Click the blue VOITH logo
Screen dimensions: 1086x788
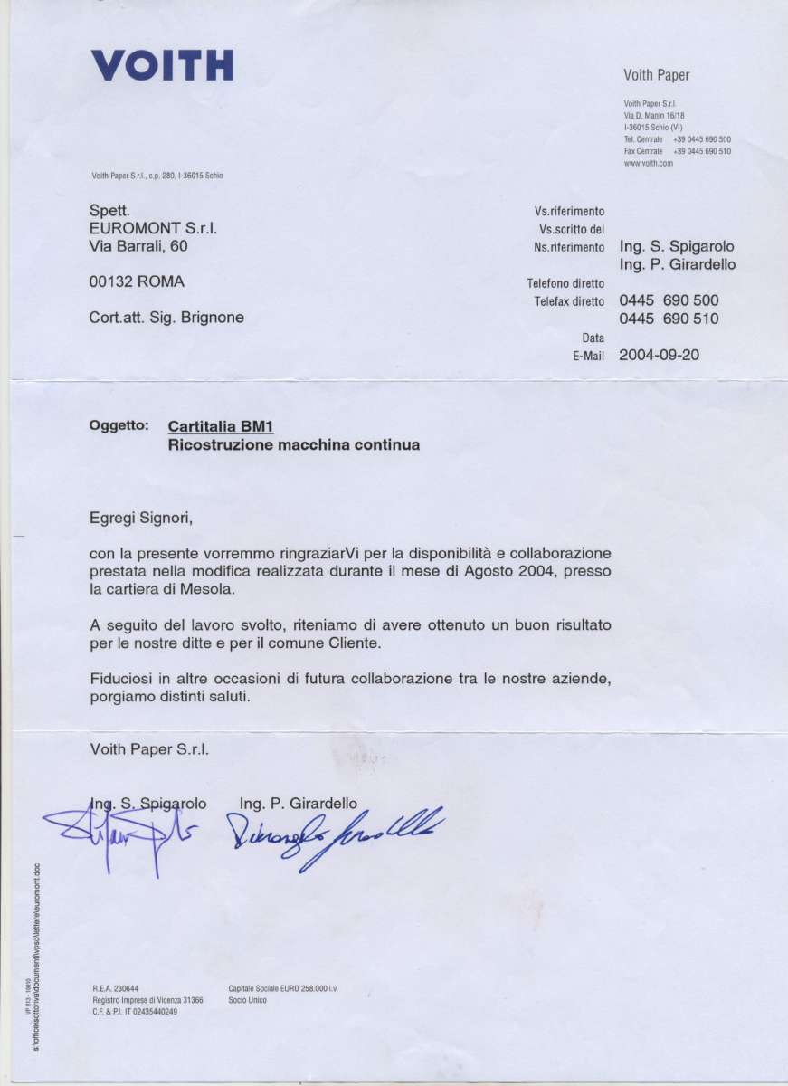point(162,65)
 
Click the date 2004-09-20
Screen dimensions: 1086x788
point(659,356)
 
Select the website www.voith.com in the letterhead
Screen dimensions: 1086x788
point(649,164)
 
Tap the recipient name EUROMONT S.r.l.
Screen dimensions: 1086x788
point(153,228)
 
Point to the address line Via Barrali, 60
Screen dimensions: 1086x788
point(138,245)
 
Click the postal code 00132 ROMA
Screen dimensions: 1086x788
point(137,282)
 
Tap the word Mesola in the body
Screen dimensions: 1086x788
point(209,589)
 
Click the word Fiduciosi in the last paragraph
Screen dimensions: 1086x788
point(123,679)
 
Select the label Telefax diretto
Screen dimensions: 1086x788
point(569,301)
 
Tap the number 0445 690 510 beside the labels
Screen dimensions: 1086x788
point(669,319)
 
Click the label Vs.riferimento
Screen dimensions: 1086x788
point(570,211)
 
